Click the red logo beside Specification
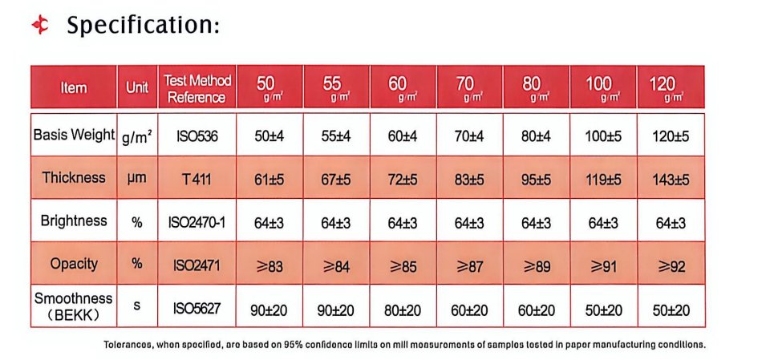(x=40, y=25)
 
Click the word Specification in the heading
(x=143, y=25)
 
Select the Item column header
(x=74, y=88)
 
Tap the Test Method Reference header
(x=197, y=88)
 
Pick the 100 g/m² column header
(x=602, y=87)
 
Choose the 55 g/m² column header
(x=336, y=87)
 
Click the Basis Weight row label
(x=74, y=135)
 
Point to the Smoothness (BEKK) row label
(x=74, y=306)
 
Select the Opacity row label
(x=74, y=264)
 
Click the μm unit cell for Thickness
(x=137, y=178)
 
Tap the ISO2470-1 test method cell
(x=197, y=223)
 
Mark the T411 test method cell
(x=197, y=180)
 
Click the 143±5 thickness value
(x=671, y=180)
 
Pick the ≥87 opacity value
(x=470, y=266)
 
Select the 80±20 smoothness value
(x=403, y=310)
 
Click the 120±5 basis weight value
(x=671, y=136)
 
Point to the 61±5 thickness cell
(x=269, y=180)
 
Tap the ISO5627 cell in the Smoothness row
(x=197, y=309)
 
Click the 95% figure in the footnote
(x=293, y=344)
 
